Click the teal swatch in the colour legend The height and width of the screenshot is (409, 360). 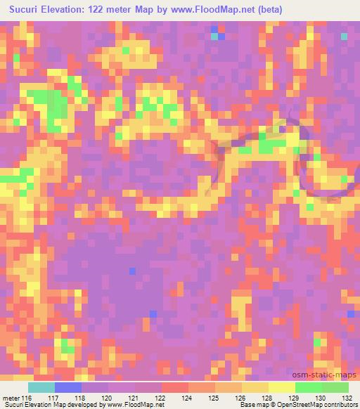[x=41, y=387]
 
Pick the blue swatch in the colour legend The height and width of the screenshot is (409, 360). [x=68, y=387]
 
